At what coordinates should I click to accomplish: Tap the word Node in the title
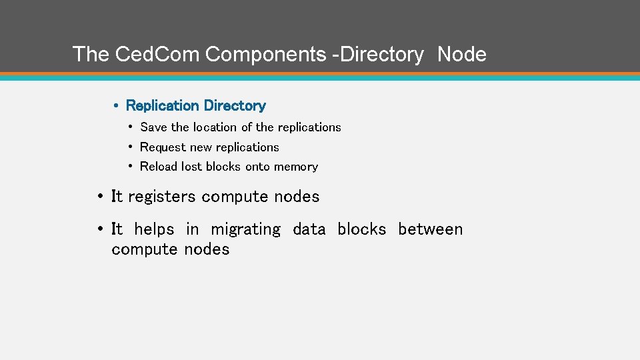[462, 54]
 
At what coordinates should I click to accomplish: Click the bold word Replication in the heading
[162, 105]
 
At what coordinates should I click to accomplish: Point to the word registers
[162, 197]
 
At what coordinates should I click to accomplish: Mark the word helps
[154, 229]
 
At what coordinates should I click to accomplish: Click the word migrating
[246, 230]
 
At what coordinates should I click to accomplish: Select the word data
[309, 229]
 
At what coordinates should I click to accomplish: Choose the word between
[430, 229]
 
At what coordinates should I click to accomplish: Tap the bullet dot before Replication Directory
[116, 105]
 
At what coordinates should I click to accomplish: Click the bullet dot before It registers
[99, 197]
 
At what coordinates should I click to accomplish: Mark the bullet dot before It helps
[99, 229]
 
